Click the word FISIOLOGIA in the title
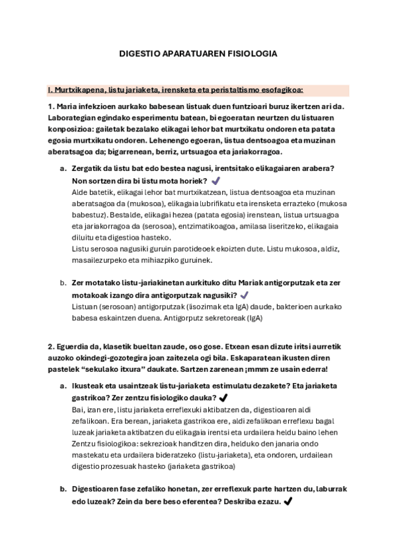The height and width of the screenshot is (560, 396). point(251,53)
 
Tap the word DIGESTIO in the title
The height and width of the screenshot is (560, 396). point(141,53)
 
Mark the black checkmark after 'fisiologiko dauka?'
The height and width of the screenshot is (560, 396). point(223,398)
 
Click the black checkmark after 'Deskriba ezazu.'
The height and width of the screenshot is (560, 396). point(287,501)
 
